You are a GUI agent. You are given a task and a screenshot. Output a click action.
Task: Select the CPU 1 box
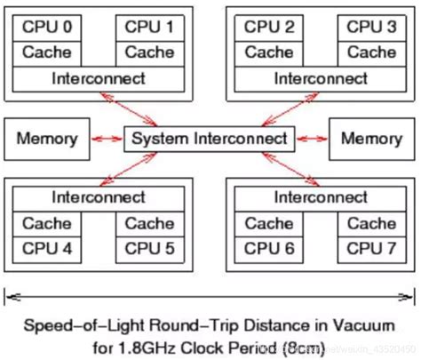149,28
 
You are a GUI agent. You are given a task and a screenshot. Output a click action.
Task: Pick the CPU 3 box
370,28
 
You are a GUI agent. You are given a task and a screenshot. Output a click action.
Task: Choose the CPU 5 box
149,247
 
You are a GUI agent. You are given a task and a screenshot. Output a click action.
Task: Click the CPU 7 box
370,247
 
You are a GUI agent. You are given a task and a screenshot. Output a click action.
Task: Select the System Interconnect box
210,139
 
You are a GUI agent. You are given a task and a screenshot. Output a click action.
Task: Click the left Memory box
47,139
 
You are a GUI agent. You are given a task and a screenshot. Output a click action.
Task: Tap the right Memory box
371,139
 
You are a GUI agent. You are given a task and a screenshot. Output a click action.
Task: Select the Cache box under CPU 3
370,53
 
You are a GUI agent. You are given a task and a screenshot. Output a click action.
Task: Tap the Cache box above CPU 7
370,223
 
